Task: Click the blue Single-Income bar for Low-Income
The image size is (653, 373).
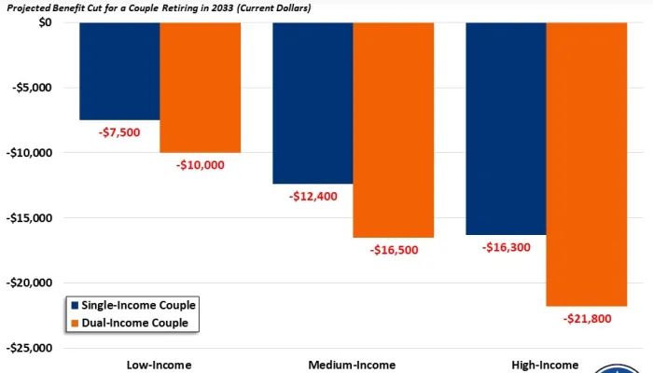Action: point(119,71)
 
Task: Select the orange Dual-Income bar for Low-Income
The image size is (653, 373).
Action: point(201,88)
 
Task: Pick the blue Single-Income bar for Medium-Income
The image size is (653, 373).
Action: point(313,103)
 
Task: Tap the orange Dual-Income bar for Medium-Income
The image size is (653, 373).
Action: point(394,130)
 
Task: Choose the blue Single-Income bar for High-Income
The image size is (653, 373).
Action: point(506,128)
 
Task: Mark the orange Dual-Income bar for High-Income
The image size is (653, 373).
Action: point(587,164)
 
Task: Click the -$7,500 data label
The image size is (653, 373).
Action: point(119,132)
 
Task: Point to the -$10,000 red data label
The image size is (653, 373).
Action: point(201,165)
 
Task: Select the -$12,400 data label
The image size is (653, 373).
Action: point(313,197)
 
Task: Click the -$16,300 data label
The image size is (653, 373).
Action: point(507,248)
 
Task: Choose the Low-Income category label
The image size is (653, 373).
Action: point(160,365)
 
